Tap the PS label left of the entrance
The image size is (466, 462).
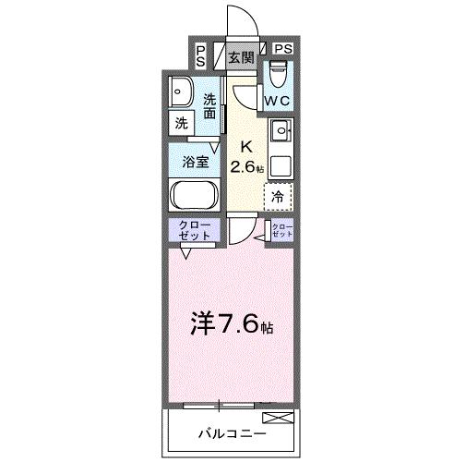click(x=201, y=55)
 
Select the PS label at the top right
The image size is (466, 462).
click(x=282, y=49)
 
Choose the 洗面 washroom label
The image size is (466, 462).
click(x=210, y=105)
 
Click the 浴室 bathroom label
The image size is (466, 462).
click(x=194, y=161)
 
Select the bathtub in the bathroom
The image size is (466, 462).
click(x=194, y=196)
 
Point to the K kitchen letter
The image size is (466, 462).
click(x=245, y=146)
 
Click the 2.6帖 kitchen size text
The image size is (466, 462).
click(x=247, y=167)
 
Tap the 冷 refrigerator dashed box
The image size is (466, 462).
click(x=278, y=195)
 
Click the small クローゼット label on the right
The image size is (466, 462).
click(x=282, y=231)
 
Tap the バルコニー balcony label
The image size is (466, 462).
click(x=231, y=432)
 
